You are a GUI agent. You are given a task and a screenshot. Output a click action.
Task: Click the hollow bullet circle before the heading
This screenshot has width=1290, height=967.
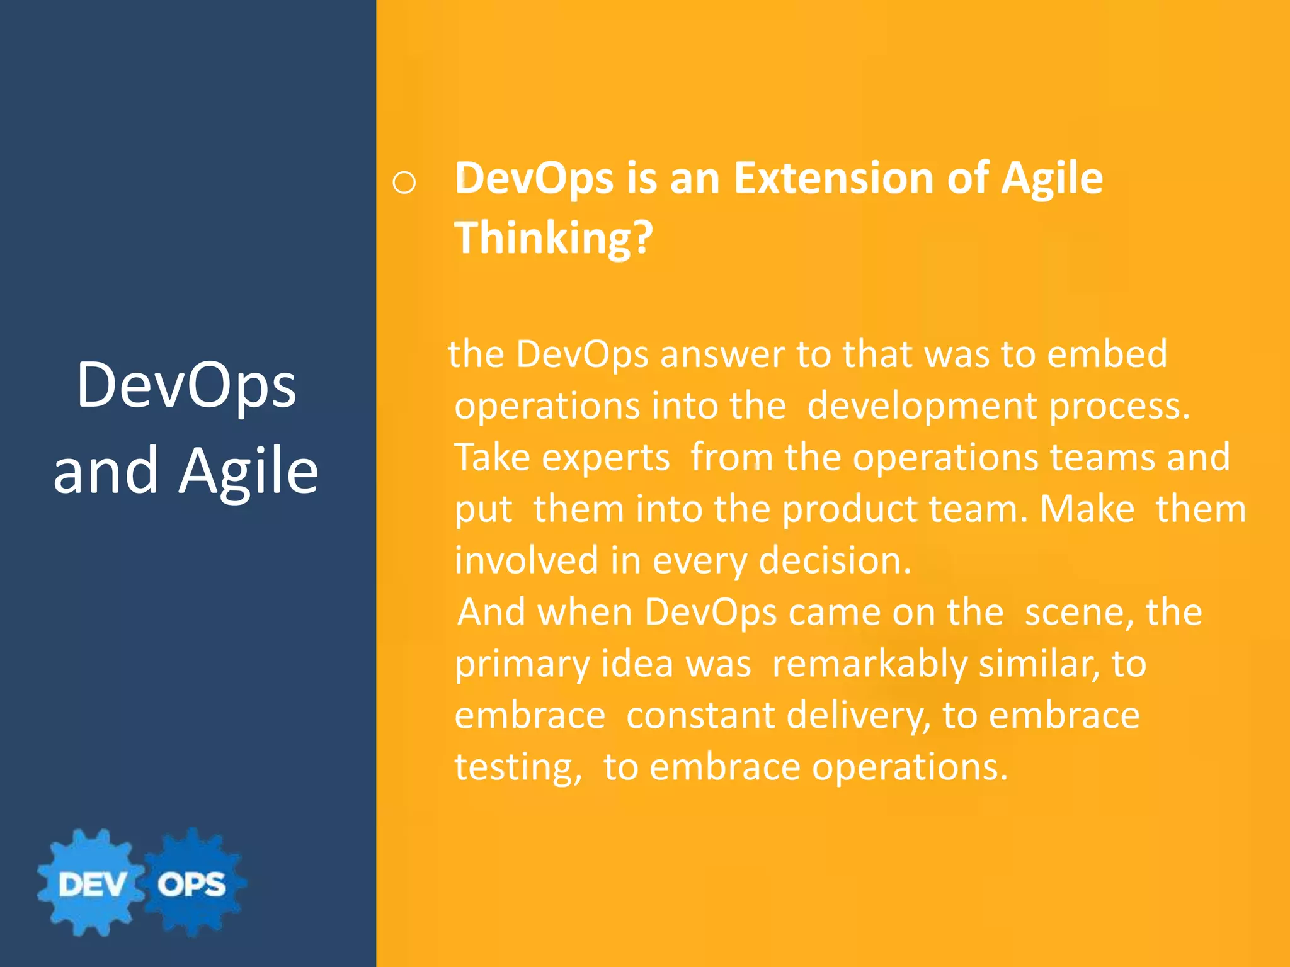pos(404,183)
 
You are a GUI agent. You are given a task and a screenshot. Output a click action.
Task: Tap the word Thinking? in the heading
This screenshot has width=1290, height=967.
pos(554,238)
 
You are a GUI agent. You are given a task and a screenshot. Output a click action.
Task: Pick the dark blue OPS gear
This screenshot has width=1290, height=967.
pos(191,884)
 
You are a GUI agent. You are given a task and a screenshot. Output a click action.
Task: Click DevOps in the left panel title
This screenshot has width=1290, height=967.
pos(186,385)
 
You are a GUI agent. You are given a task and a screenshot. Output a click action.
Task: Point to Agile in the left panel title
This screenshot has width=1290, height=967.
pos(249,470)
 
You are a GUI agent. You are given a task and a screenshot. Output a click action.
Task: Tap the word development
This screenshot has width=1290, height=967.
pos(922,406)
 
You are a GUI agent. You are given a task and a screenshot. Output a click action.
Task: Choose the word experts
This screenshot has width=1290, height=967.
pos(562,458)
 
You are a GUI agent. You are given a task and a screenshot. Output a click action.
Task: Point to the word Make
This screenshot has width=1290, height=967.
pos(1087,509)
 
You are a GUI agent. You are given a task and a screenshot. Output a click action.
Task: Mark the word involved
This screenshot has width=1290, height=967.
pos(527,560)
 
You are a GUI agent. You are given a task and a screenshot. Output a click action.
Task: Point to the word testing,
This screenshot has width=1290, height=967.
pos(518,767)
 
